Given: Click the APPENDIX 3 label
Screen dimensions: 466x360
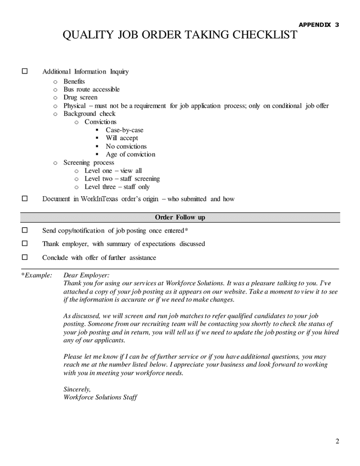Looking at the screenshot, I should pyautogui.click(x=319, y=24).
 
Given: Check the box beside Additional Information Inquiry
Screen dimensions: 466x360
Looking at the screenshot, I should pyautogui.click(x=24, y=71).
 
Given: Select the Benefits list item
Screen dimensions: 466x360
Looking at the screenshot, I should pyautogui.click(x=74, y=81).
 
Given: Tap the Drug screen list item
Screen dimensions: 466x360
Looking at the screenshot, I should pyautogui.click(x=80, y=97).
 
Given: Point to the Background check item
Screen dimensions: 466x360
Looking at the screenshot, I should pyautogui.click(x=89, y=113).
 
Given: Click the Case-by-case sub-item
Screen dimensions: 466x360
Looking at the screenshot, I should pyautogui.click(x=124, y=130).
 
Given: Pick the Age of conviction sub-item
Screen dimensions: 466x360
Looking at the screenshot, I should pyautogui.click(x=130, y=154).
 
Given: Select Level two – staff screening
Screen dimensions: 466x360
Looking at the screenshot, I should pyautogui.click(x=122, y=179).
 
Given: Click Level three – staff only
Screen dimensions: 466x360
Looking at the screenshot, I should pyautogui.click(x=117, y=187).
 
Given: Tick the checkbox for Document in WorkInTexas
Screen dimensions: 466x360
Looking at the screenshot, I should pyautogui.click(x=24, y=198).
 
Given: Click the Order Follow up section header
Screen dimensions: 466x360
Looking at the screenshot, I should pyautogui.click(x=180, y=217).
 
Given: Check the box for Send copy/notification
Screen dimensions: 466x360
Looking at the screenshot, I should pyautogui.click(x=24, y=230).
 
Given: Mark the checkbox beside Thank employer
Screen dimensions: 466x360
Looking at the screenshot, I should pyautogui.click(x=24, y=243).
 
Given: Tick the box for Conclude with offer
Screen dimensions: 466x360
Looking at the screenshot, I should pyautogui.click(x=24, y=257).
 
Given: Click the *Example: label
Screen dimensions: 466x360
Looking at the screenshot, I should pyautogui.click(x=36, y=275).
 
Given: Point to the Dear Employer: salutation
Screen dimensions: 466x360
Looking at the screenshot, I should pyautogui.click(x=87, y=275).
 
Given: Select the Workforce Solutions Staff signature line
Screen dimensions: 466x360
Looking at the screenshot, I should pyautogui.click(x=100, y=397).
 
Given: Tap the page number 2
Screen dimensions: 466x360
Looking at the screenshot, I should pyautogui.click(x=337, y=441).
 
